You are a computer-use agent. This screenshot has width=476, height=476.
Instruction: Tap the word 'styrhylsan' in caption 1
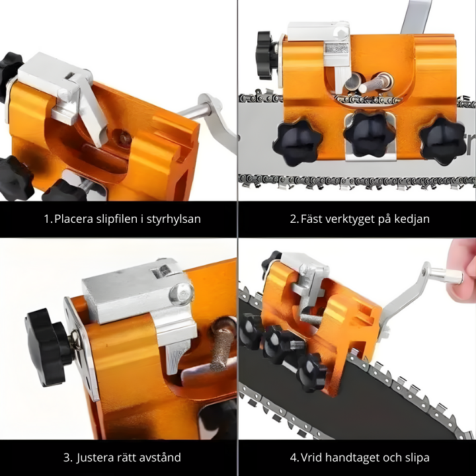[174, 219]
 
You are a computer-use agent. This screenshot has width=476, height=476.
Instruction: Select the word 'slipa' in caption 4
[417, 457]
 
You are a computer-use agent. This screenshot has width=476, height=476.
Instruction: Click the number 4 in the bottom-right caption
[294, 457]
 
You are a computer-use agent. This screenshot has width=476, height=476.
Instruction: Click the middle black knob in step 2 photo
[368, 134]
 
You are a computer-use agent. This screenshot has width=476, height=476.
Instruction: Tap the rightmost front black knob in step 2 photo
[442, 140]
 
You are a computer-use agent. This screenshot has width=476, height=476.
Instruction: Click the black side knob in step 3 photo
[48, 347]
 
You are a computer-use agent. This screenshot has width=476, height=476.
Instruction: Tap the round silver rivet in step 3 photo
[181, 294]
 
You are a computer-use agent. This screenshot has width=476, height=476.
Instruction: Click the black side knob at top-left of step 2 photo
[266, 56]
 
